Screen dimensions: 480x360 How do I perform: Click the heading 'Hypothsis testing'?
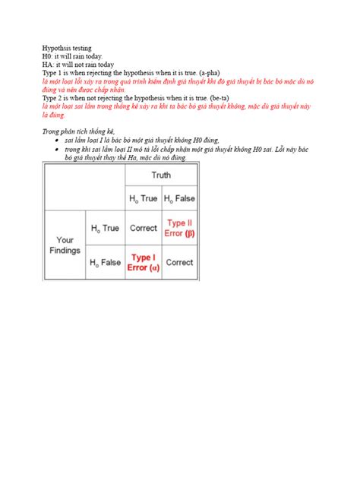point(67,49)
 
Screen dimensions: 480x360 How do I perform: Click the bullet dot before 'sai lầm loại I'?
point(58,141)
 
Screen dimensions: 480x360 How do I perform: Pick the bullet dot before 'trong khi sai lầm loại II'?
point(58,150)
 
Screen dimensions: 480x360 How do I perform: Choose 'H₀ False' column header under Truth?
point(180,199)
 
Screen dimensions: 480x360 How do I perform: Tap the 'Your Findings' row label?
point(65,245)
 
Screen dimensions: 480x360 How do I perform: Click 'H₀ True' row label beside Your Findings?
point(106,228)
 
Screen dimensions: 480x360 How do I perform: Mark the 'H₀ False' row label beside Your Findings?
point(106,263)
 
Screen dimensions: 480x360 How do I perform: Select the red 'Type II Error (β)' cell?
point(180,228)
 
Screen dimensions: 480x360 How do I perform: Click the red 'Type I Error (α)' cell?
point(143,263)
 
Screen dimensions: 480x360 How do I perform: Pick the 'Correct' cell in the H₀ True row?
point(143,228)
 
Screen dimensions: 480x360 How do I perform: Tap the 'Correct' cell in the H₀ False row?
point(180,263)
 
